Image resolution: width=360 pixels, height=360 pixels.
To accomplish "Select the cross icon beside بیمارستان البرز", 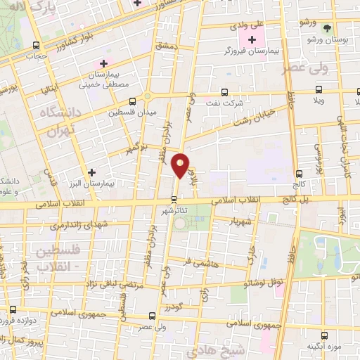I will [91, 172].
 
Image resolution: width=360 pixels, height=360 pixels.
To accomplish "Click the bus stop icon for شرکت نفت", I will [224, 91].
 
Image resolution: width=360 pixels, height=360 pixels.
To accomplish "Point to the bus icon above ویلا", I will [319, 90].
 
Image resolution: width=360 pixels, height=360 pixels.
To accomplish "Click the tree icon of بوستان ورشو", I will [326, 28].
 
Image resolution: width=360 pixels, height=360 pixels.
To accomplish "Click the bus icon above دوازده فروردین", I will [13, 309].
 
